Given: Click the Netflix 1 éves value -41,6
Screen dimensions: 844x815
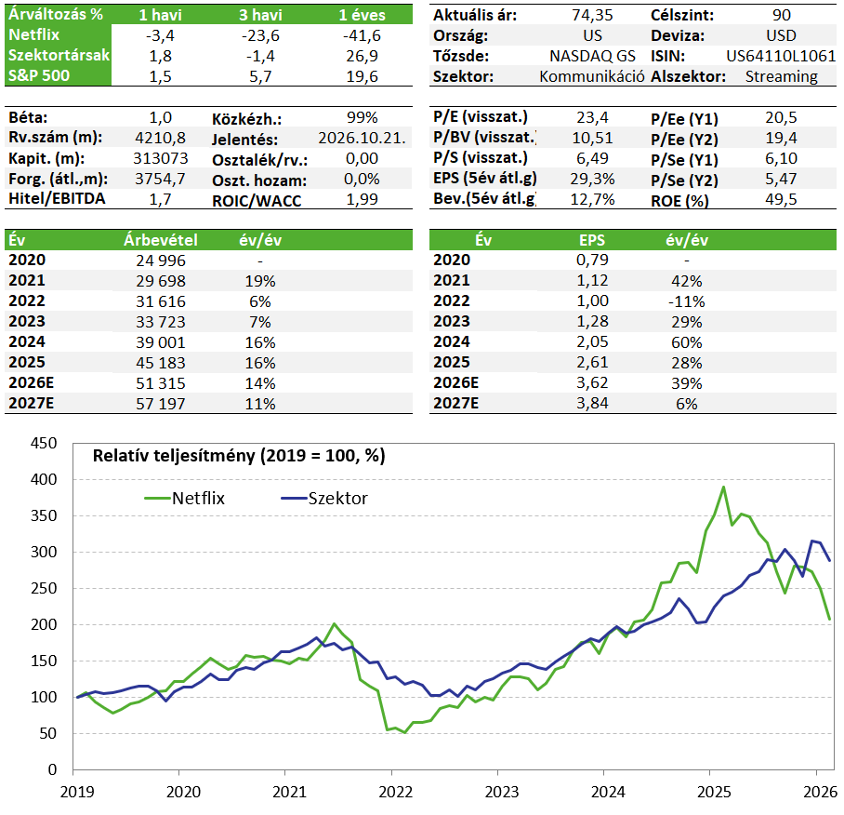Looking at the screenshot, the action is [362, 35].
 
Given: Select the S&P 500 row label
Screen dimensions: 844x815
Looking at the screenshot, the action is [39, 75].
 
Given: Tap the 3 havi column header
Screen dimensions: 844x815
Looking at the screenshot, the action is [260, 15].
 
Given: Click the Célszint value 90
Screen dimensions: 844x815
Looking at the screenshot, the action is [781, 15].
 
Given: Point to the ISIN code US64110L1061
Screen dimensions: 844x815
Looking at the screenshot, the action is [781, 56].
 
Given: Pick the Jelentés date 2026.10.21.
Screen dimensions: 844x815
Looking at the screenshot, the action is [362, 138].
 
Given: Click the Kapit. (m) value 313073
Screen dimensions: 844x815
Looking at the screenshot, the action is [161, 158].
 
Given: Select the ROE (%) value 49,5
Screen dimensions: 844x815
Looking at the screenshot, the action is [781, 199].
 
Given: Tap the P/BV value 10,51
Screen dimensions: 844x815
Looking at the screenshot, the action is [592, 138].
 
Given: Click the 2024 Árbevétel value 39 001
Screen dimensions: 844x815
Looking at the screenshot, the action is [161, 342].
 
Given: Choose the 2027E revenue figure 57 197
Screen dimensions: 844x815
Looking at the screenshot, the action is [161, 404].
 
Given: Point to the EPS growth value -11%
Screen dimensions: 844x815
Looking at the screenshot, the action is [686, 301].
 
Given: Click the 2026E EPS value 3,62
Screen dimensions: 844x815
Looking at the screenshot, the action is [592, 383].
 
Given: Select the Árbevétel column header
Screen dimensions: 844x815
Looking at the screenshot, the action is [161, 240].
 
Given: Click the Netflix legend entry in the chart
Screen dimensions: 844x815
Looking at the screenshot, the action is [185, 499].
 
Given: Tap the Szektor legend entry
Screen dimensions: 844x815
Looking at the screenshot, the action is [324, 499].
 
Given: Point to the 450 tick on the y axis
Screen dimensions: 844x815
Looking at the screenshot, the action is [44, 444].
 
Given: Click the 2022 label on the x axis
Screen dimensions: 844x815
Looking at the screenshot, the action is [395, 792].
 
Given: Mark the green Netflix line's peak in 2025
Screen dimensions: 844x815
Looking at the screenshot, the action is [723, 487].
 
